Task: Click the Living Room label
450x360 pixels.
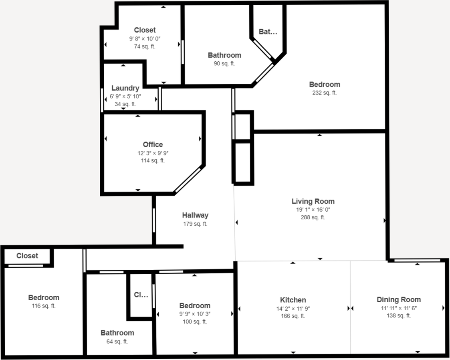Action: click(x=313, y=201)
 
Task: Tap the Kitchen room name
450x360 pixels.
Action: click(x=293, y=300)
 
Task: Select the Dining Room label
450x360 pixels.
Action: click(x=399, y=299)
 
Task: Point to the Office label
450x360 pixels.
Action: click(x=153, y=144)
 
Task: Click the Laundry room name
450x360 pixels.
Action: click(x=125, y=88)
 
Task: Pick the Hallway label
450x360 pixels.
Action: click(x=195, y=215)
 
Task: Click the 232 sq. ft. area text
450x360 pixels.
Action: click(x=325, y=93)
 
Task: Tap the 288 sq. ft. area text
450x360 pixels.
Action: click(x=313, y=217)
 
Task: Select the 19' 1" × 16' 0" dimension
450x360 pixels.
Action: click(x=313, y=210)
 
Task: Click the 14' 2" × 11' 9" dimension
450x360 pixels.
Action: click(x=293, y=308)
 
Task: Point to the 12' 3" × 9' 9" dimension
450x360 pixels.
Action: click(x=153, y=153)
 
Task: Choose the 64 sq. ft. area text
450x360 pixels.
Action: click(x=117, y=342)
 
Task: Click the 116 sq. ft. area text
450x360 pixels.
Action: click(x=44, y=306)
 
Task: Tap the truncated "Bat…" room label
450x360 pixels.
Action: click(x=268, y=32)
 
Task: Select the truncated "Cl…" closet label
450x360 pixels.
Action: click(x=141, y=295)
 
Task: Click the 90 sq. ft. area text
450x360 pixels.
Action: click(x=224, y=63)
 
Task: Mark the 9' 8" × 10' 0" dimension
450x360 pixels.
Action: click(x=145, y=38)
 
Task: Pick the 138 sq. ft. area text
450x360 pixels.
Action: click(x=399, y=316)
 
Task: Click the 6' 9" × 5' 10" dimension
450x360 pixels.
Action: click(x=125, y=96)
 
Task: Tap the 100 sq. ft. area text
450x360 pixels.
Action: click(x=195, y=322)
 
